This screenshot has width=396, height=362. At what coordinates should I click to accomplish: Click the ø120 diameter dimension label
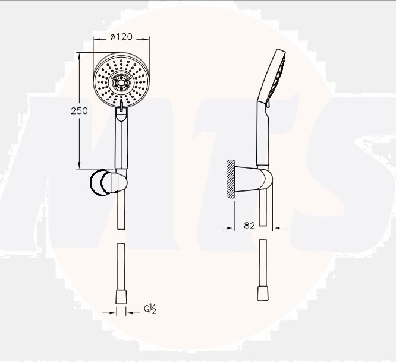click(121, 37)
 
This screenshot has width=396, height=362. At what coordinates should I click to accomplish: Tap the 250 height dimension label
click(79, 111)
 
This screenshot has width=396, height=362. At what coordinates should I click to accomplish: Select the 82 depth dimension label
click(250, 226)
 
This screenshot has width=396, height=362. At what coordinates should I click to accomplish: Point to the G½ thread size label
click(150, 309)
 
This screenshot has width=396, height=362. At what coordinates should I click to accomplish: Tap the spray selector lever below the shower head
click(121, 106)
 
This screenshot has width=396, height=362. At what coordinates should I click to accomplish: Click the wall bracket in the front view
click(108, 183)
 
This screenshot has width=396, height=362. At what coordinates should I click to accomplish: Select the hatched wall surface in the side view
click(231, 179)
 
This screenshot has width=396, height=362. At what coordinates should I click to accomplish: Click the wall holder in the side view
click(253, 179)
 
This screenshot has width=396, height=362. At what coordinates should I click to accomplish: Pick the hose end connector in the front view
click(121, 297)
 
